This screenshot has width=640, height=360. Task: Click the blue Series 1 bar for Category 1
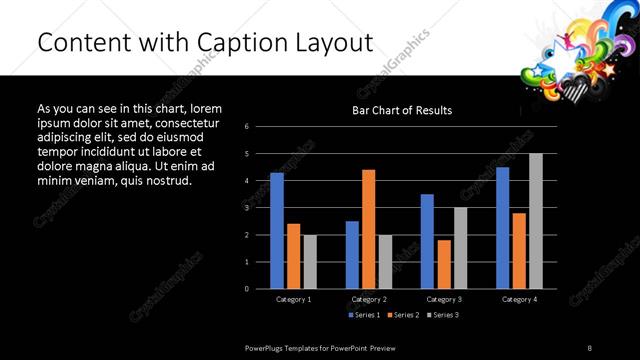tap(277, 230)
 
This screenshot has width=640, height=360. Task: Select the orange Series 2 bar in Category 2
tap(369, 229)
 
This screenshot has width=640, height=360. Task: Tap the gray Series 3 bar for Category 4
tap(535, 221)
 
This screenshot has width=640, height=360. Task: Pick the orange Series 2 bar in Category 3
tap(443, 264)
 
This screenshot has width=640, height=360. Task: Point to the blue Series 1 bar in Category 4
tap(502, 227)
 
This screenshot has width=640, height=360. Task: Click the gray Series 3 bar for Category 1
tap(310, 261)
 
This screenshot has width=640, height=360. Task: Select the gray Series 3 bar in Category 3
tap(460, 247)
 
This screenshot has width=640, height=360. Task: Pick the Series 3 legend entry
tap(442, 315)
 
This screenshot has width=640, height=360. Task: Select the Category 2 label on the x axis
tap(369, 299)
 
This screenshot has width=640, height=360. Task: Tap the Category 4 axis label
tap(518, 299)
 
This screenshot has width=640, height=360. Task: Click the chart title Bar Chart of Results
tap(402, 110)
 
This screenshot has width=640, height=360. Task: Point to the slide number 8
tap(590, 348)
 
